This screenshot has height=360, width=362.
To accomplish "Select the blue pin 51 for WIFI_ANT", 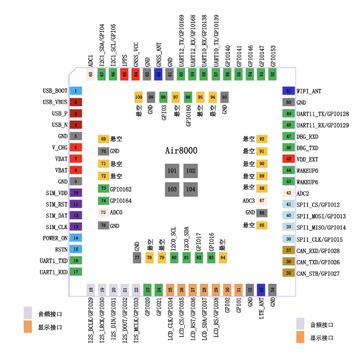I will tap(288, 91).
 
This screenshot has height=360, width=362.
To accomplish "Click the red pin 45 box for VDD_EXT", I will tap(288, 159).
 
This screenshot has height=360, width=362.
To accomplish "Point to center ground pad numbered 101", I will tap(172, 171).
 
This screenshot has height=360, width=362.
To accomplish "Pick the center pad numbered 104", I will tap(190, 189).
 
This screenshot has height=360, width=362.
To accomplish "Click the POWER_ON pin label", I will tap(55, 238).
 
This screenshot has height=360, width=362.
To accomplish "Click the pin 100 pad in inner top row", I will tap(139, 97).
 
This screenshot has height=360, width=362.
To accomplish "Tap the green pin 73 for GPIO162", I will tap(104, 189).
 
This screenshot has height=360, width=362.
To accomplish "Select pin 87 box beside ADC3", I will tap(262, 201).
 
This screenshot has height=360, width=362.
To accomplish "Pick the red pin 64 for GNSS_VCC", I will tap(136, 74).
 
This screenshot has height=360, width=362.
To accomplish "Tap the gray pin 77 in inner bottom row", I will tap(137, 257).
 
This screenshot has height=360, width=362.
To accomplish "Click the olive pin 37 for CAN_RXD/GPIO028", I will tap(288, 250).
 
